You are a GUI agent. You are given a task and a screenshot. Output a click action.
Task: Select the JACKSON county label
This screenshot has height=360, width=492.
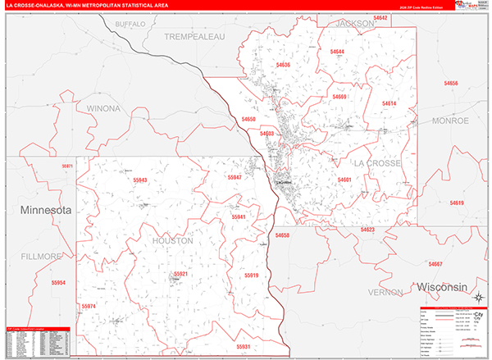(x=354, y=25)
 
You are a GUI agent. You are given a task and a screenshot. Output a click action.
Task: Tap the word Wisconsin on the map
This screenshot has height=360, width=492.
(x=441, y=288)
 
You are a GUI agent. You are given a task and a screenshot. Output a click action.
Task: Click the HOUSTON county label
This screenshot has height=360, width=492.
(x=172, y=241)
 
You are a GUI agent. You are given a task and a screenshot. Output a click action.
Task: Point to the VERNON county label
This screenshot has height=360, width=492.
(x=385, y=292)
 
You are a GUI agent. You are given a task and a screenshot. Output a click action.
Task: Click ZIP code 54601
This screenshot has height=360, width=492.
(x=344, y=180)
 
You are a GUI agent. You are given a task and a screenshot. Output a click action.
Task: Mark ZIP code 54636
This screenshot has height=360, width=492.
(x=283, y=64)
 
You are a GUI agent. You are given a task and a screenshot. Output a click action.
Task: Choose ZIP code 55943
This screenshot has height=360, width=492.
(x=139, y=180)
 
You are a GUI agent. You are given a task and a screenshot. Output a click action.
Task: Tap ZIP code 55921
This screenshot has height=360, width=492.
(x=180, y=274)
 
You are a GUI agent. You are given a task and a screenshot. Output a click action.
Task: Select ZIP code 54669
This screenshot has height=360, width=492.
(x=339, y=97)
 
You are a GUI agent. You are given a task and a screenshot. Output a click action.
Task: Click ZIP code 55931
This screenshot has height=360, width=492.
(x=244, y=347)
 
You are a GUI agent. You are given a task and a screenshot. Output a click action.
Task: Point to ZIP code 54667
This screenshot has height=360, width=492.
(x=435, y=264)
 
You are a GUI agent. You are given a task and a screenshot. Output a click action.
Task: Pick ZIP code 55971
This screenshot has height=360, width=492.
(x=66, y=166)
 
